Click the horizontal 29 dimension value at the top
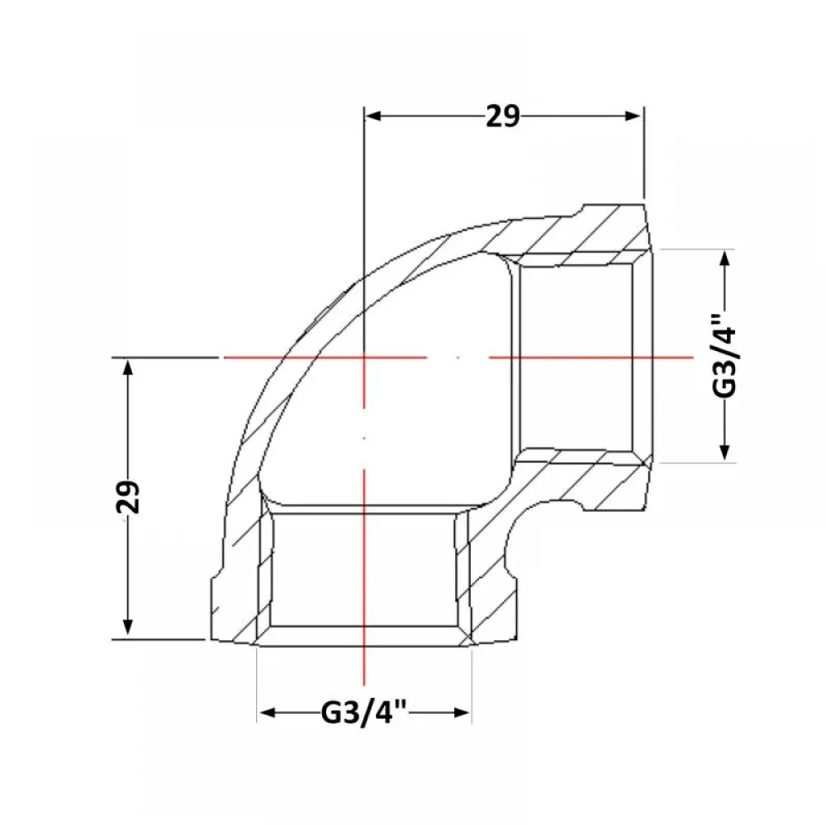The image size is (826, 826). [x=502, y=116]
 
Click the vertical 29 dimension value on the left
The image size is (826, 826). [x=128, y=496]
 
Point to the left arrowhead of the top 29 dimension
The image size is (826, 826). [x=373, y=116]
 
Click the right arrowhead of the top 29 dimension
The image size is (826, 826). [x=633, y=116]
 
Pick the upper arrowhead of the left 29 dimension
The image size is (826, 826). [x=127, y=367]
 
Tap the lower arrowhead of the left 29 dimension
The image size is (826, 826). [x=127, y=627]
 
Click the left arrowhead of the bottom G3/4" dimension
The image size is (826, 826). [x=268, y=713]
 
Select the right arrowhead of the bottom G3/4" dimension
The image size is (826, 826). [x=461, y=713]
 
